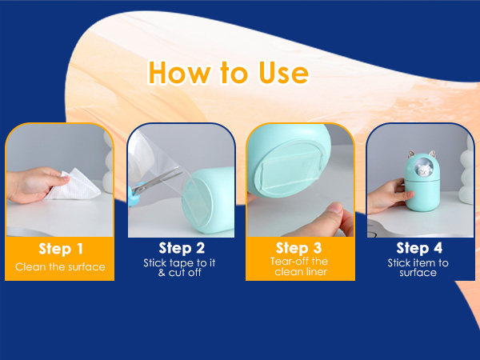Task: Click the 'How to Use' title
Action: click(x=228, y=73)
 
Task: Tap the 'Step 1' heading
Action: click(x=61, y=249)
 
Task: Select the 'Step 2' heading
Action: click(x=182, y=248)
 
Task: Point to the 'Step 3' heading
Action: click(x=298, y=248)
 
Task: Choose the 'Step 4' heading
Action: click(x=419, y=248)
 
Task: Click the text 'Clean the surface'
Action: click(x=60, y=267)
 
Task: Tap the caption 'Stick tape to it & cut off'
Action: click(x=179, y=267)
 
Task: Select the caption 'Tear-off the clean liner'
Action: click(x=299, y=266)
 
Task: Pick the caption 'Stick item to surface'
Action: click(x=418, y=267)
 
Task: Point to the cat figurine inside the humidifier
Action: click(x=424, y=170)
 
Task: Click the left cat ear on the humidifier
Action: click(x=411, y=154)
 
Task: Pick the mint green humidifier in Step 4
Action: click(x=422, y=182)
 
